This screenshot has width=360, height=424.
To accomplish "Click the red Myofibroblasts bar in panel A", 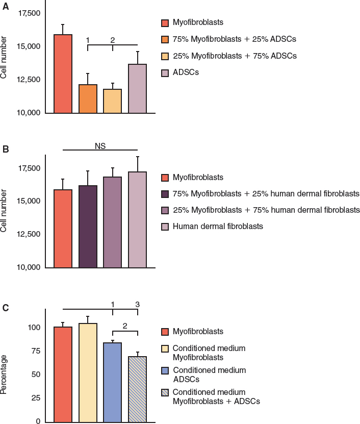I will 63,74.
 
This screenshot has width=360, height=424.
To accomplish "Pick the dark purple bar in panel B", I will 88,227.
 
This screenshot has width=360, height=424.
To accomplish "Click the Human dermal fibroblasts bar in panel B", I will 137,219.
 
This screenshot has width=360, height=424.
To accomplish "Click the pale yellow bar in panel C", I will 88,372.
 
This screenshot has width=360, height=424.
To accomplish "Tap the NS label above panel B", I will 100,145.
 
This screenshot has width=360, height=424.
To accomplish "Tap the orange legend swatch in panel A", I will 165,39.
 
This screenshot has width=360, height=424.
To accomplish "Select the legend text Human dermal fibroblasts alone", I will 218,226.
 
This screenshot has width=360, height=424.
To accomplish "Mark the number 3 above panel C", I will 137,305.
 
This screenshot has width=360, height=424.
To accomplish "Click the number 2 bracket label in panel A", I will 113,40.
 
